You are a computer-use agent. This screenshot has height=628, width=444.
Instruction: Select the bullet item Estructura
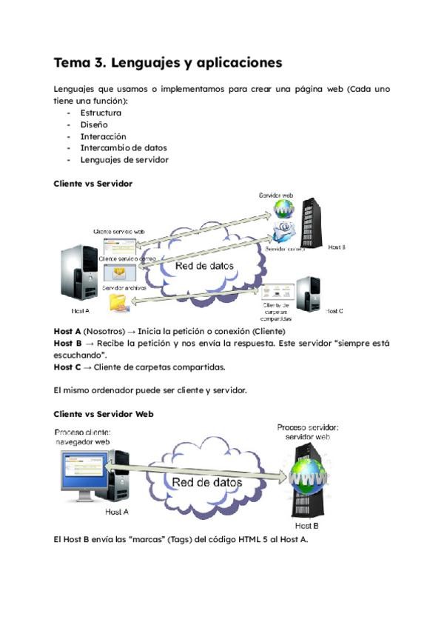[101, 113]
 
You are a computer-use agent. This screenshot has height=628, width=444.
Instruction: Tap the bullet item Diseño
[94, 124]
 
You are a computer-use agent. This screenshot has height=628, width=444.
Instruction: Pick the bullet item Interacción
[103, 136]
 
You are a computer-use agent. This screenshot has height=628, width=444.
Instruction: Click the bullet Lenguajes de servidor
[124, 159]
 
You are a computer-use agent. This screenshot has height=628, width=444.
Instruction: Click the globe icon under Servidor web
[283, 209]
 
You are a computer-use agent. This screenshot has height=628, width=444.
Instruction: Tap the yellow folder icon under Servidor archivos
[118, 301]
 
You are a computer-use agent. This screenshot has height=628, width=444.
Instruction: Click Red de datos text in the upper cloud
[204, 265]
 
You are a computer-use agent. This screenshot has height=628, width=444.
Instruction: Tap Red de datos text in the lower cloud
[206, 482]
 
